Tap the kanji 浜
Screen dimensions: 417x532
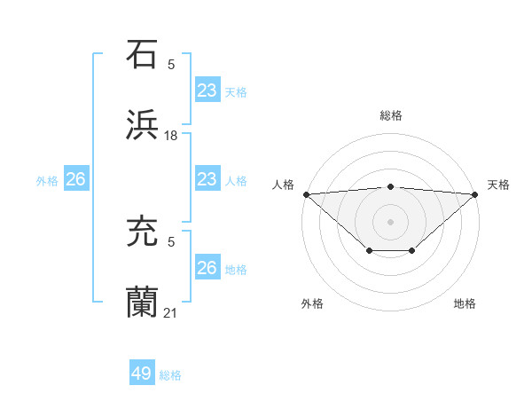(143, 124)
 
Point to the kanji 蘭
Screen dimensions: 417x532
(143, 302)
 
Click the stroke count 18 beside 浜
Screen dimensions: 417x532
(171, 135)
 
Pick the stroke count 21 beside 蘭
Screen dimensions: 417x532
(171, 312)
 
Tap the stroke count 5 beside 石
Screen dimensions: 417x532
(171, 64)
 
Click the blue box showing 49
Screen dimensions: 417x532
(142, 374)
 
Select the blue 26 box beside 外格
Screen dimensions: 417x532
(75, 179)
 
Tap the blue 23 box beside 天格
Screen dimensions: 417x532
(207, 90)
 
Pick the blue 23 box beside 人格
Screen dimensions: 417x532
(207, 179)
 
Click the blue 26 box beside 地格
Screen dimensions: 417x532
(207, 268)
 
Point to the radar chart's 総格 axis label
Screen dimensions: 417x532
(390, 115)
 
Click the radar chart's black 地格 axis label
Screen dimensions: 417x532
(465, 304)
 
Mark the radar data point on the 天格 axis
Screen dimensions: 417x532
(476, 193)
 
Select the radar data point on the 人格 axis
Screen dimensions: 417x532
(306, 193)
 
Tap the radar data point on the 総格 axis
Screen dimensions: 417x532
(391, 186)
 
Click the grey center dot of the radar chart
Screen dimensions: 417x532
(391, 221)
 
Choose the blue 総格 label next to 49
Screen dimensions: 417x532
(170, 375)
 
